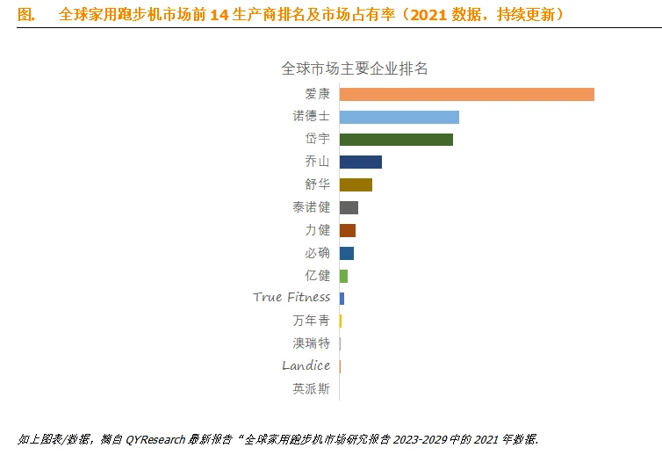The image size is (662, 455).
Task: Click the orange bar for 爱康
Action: tap(466, 94)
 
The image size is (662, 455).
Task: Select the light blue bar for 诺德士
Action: tap(399, 117)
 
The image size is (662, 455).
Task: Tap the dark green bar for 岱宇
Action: tap(396, 140)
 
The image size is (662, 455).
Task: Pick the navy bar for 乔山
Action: tap(360, 162)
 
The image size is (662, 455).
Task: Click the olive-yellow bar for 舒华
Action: tap(356, 184)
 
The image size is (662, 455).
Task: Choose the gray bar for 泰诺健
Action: tap(349, 207)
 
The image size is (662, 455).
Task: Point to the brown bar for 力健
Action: tap(347, 230)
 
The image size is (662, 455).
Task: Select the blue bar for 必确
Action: tap(346, 253)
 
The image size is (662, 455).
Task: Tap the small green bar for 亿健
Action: tap(343, 276)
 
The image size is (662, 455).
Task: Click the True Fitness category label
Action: tap(291, 297)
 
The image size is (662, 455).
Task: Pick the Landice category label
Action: tap(306, 365)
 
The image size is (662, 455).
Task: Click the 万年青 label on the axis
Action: tap(311, 321)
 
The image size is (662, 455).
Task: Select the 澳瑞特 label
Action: tap(311, 343)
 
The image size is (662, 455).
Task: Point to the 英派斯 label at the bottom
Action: tap(311, 388)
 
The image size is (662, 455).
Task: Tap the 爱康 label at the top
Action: tap(317, 93)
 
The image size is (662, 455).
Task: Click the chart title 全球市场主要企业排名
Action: tap(354, 68)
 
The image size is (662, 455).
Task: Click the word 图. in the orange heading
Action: tap(27, 15)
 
